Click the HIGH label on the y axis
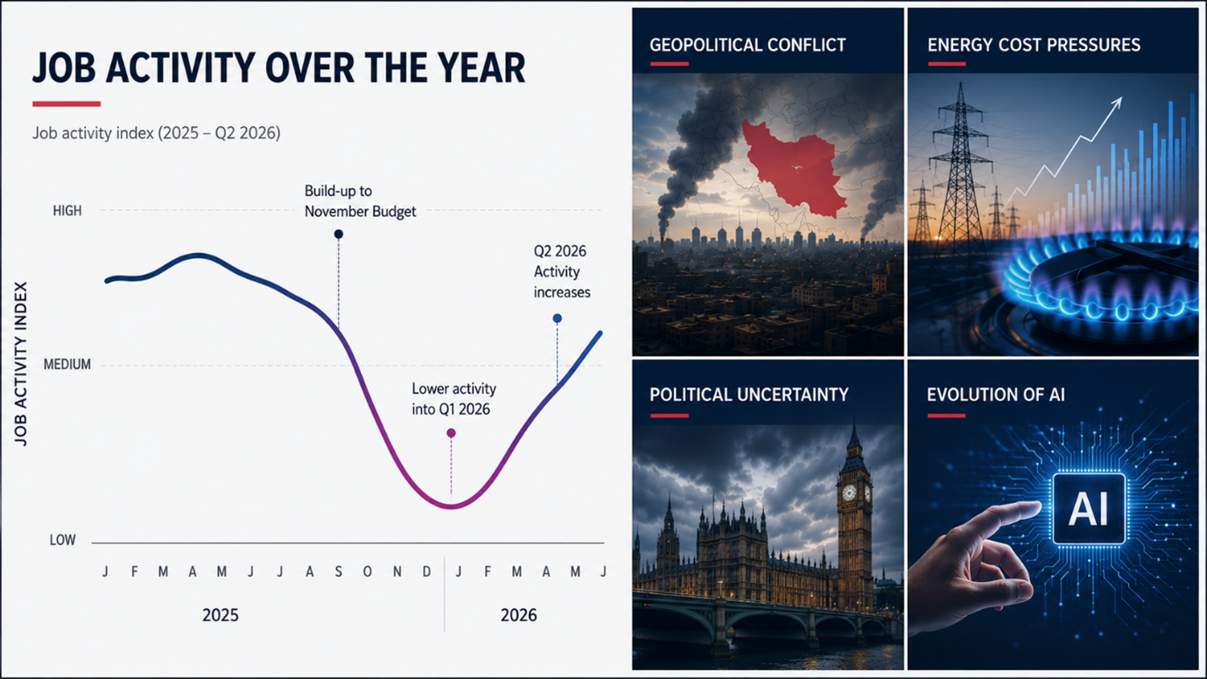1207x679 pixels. point(67,211)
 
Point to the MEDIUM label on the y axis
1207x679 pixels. point(67,365)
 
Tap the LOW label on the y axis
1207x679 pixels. point(62,540)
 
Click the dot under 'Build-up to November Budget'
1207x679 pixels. point(339,234)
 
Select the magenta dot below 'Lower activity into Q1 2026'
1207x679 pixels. point(452,433)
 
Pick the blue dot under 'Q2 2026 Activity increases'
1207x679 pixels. point(558,318)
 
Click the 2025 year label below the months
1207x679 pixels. point(221,615)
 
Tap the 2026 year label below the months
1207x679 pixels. point(519,615)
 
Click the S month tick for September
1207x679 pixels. point(339,572)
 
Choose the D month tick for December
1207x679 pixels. point(427,572)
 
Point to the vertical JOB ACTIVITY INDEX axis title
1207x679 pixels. point(20,364)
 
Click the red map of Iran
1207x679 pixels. point(792,168)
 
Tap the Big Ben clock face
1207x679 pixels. point(849,492)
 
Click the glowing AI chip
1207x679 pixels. point(1089,509)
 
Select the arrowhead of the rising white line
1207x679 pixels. point(1117,101)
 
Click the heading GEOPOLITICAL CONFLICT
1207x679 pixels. point(747,45)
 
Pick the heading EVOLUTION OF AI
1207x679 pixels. point(996,395)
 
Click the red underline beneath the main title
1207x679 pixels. point(67,104)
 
